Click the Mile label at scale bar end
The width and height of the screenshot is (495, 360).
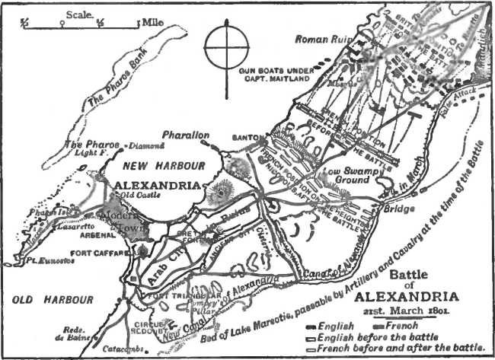click(155, 22)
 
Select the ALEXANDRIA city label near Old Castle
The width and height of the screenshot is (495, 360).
click(157, 185)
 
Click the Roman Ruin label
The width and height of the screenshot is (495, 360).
click(321, 39)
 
